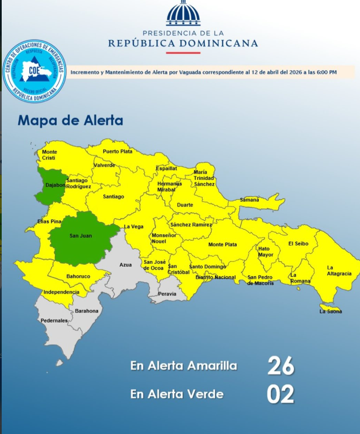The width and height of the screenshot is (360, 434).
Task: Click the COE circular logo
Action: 34,71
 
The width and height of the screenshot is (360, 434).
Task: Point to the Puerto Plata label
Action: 118,151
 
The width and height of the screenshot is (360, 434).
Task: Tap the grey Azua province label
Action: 125,265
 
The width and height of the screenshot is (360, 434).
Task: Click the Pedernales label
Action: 54,321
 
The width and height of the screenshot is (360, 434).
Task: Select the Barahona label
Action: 87,311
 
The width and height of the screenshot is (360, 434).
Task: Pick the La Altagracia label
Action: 339,271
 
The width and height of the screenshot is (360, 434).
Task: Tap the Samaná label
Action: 249,200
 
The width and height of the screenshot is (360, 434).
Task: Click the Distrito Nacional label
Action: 215,277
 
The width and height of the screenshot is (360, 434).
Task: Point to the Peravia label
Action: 167,294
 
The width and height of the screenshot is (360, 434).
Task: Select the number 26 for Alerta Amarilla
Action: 281,366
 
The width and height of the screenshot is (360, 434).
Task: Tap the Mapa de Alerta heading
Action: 70,120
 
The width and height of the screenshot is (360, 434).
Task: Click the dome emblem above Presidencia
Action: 183,14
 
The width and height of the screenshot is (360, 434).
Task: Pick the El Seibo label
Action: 298,243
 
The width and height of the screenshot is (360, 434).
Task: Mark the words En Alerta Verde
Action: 177,394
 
